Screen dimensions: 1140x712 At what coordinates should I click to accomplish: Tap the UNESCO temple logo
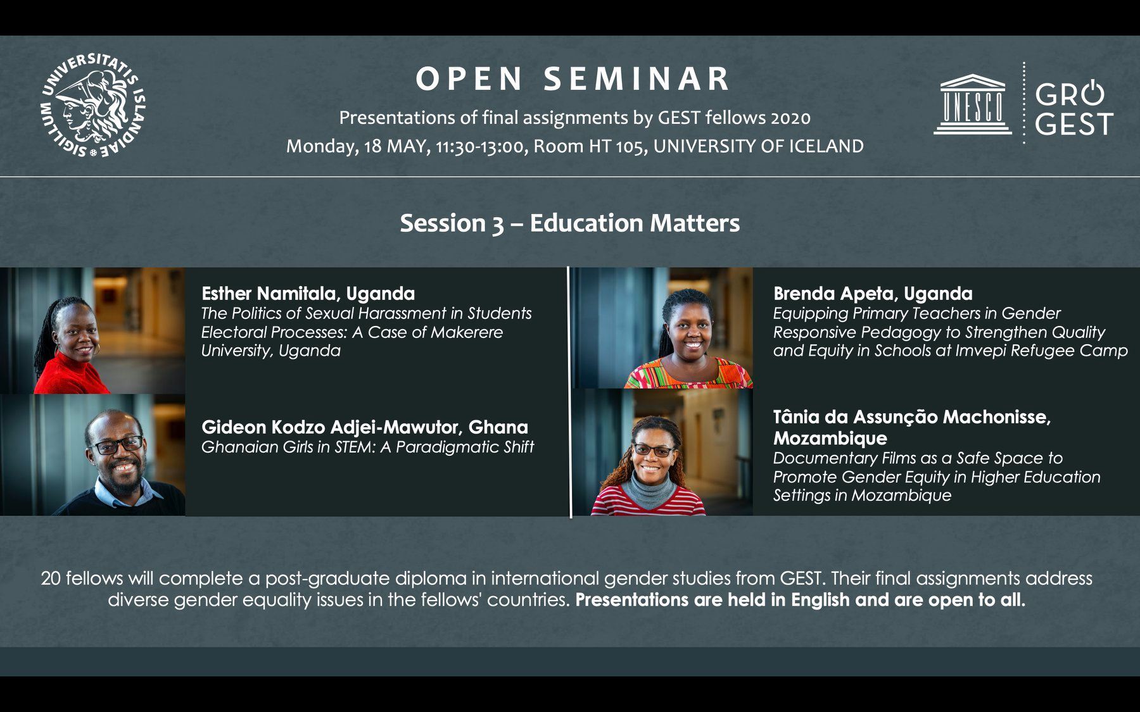coord(972,104)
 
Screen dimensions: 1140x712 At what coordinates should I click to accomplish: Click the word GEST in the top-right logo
coord(1074,124)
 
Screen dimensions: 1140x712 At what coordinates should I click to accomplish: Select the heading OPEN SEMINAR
coord(573,79)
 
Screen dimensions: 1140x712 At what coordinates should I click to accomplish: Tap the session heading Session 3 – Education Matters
coord(570,223)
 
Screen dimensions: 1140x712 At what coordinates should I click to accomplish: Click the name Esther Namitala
coord(271,294)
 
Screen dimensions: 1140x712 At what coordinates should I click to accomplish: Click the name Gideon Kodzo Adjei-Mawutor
coord(331,427)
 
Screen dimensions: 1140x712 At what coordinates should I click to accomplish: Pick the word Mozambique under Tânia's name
coord(830,438)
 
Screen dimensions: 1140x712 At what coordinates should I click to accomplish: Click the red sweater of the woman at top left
coord(71,373)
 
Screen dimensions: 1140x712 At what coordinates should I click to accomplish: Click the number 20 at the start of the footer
coord(51,578)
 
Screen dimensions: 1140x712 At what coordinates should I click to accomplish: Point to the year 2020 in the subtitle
coord(791,118)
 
